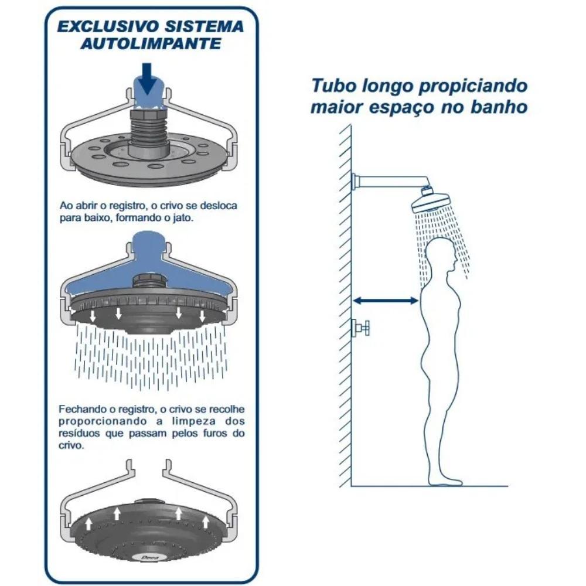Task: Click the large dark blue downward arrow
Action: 149,79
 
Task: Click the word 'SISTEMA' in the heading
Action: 209,27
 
